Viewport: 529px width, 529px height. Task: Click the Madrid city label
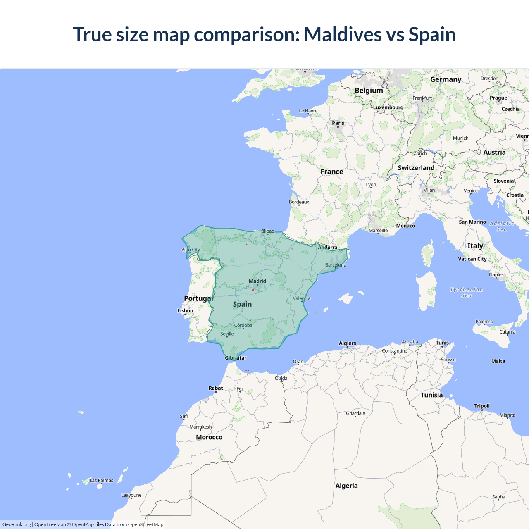pos(257,281)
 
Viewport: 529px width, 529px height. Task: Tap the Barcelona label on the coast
pos(336,265)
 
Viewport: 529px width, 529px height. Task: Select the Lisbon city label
pos(185,310)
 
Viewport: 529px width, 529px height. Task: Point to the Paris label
pos(338,123)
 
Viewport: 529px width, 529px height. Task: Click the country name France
pos(332,172)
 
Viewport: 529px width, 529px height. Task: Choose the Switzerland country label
pos(416,168)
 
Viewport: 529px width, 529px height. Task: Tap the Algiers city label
pos(347,343)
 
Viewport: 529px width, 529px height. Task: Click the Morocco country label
pos(209,437)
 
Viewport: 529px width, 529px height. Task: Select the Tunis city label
pos(442,343)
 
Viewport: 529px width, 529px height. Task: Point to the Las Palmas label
pos(101,480)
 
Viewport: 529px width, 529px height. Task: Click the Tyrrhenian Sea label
pos(466,293)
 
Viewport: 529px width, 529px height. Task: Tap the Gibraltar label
pos(236,358)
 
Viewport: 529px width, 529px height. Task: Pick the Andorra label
pos(327,248)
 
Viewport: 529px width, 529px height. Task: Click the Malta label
pos(498,361)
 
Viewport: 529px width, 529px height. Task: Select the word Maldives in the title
pos(343,34)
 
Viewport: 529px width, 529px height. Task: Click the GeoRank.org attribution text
pos(17,524)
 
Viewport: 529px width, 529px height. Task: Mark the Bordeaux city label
pos(299,202)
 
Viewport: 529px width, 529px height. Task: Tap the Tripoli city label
pos(482,406)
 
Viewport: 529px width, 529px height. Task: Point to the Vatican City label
pos(472,259)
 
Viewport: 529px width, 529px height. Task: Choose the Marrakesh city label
pos(200,427)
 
